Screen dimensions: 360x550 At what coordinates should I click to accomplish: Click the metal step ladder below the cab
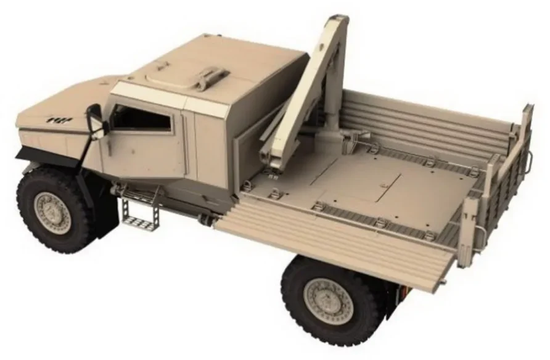click(141, 209)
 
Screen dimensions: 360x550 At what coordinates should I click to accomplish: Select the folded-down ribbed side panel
click(333, 240)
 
